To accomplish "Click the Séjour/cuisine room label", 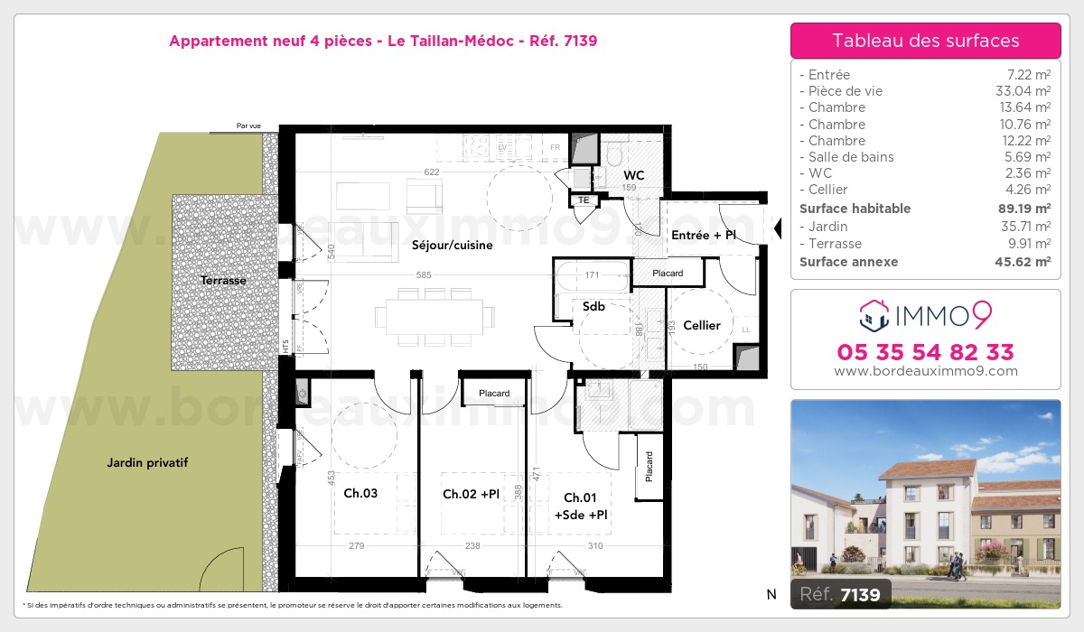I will click(452, 245).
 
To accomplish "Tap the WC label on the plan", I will click(633, 174).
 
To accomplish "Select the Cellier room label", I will click(702, 325).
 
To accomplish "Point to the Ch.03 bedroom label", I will click(360, 494).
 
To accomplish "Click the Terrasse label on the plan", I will click(223, 281).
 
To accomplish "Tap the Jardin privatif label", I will click(147, 463).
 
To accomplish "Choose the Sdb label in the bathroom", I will click(593, 306).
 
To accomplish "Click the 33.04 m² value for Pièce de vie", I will click(1023, 91).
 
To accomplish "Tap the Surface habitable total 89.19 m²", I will click(1023, 209).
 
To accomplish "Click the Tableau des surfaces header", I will click(925, 41).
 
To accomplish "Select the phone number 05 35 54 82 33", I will click(925, 352).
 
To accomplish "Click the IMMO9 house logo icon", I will click(873, 315).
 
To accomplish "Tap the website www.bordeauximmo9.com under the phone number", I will click(925, 371).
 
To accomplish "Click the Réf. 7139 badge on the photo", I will click(841, 593).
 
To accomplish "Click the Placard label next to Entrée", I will click(668, 273).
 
